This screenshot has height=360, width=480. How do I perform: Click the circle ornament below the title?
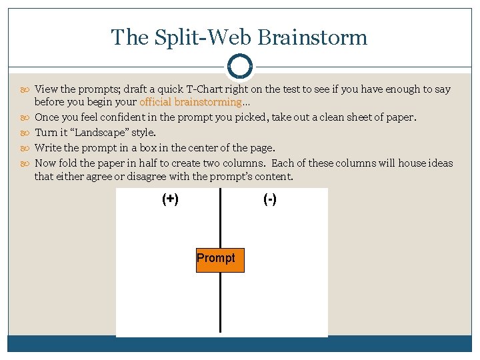239,67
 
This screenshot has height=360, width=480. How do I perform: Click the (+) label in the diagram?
170,199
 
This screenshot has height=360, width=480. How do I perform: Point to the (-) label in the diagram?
270,199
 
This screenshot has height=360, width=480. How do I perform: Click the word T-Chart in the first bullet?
213,89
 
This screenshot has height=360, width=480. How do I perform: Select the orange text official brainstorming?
190,102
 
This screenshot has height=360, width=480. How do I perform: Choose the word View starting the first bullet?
46,89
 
